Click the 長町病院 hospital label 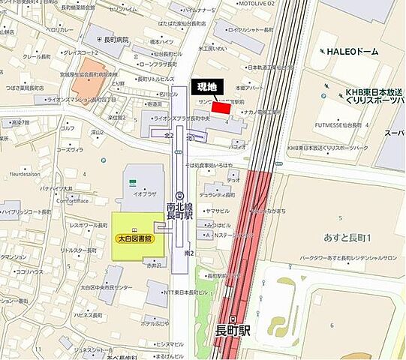[x=115, y=40]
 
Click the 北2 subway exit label [x=169, y=136]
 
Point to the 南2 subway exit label [x=190, y=253]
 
